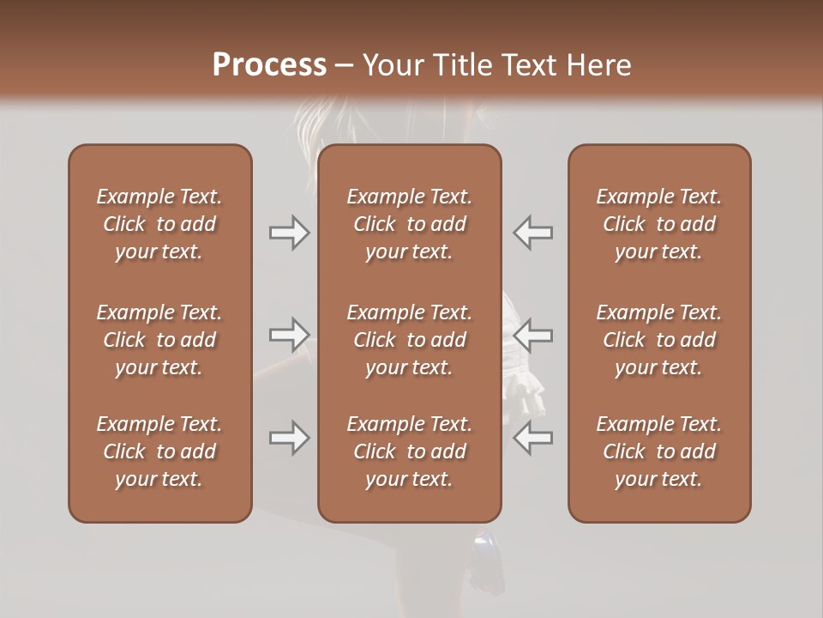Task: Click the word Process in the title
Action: coord(269,65)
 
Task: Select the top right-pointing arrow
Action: coord(289,233)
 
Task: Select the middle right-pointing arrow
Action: coord(289,335)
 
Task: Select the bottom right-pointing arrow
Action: coord(289,438)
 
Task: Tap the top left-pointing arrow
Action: coord(533,233)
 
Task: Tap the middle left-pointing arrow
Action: coord(533,335)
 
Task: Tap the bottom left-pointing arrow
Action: coord(533,438)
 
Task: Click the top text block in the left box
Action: coord(159,224)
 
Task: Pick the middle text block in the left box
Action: coord(159,340)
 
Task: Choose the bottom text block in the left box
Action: coord(159,451)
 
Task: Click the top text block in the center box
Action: coord(410,224)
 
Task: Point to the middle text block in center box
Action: coord(410,340)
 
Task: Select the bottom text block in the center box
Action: coord(410,451)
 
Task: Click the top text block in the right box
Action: coord(659,224)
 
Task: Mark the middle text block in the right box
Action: coord(659,340)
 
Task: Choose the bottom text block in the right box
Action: coord(659,451)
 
